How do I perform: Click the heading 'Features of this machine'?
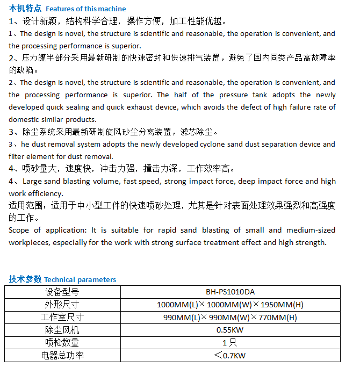[x=86, y=9]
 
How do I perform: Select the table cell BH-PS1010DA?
[x=230, y=292]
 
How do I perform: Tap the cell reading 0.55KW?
[x=230, y=330]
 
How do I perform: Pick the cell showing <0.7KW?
[x=230, y=355]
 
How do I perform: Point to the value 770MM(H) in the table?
[x=278, y=318]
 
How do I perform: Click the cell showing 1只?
[x=230, y=342]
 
